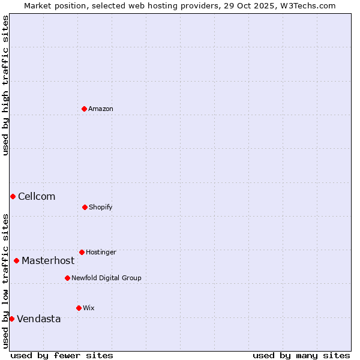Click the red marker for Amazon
85,109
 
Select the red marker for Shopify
85,207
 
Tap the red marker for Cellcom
13,196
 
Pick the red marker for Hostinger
82,252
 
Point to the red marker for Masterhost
16,260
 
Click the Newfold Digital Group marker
67,278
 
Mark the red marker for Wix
79,308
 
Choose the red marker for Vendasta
11,319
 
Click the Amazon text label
101,109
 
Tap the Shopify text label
101,207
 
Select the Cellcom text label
37,196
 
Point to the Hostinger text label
101,252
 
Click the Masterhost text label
48,260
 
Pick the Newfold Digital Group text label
106,278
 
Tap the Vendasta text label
39,319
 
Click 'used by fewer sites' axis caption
62,355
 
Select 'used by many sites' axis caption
301,355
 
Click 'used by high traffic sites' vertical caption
5,85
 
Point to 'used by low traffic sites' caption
5,281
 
